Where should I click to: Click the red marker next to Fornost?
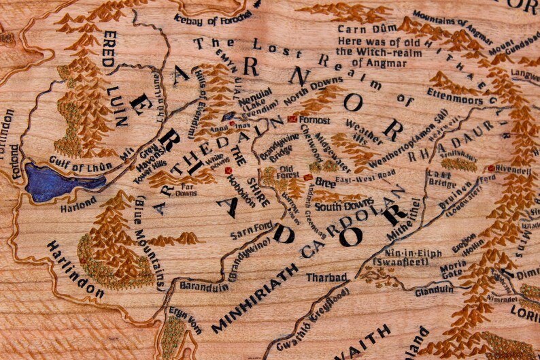tap(292, 119)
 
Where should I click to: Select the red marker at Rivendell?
tap(491, 168)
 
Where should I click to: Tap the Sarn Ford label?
tap(252, 227)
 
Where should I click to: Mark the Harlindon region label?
tap(75, 269)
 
